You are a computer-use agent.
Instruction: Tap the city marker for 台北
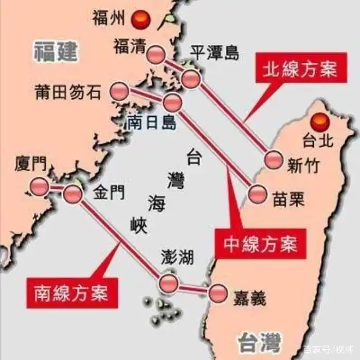click(321, 121)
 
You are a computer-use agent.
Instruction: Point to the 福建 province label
click(56, 51)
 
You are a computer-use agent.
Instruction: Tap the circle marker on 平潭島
click(190, 79)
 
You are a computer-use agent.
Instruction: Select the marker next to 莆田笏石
click(120, 91)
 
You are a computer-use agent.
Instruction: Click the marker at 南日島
click(172, 103)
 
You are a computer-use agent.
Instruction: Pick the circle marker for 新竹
click(273, 160)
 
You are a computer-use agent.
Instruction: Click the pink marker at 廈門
click(39, 186)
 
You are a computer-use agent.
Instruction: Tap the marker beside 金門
click(73, 194)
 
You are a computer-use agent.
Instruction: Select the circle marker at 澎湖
click(169, 282)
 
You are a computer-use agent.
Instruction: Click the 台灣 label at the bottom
click(260, 341)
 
